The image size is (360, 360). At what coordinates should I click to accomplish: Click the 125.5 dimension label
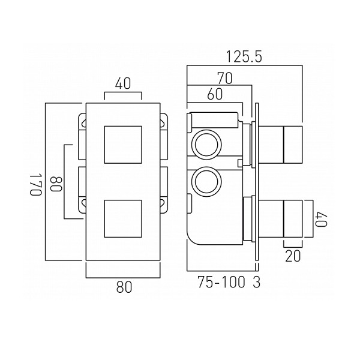245,58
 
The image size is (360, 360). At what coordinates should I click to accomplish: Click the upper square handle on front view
122,145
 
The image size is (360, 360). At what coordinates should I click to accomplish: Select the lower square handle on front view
122,220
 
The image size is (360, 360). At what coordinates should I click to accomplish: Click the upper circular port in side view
205,145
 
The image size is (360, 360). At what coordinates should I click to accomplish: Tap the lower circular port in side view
205,182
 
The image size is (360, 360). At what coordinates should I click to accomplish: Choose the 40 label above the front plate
122,85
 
